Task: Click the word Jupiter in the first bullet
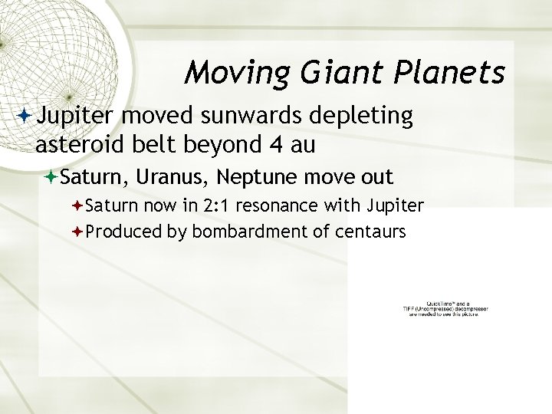pyautogui.click(x=75, y=116)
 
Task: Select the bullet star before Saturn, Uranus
pyautogui.click(x=51, y=178)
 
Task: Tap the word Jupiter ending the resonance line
pyautogui.click(x=397, y=205)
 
